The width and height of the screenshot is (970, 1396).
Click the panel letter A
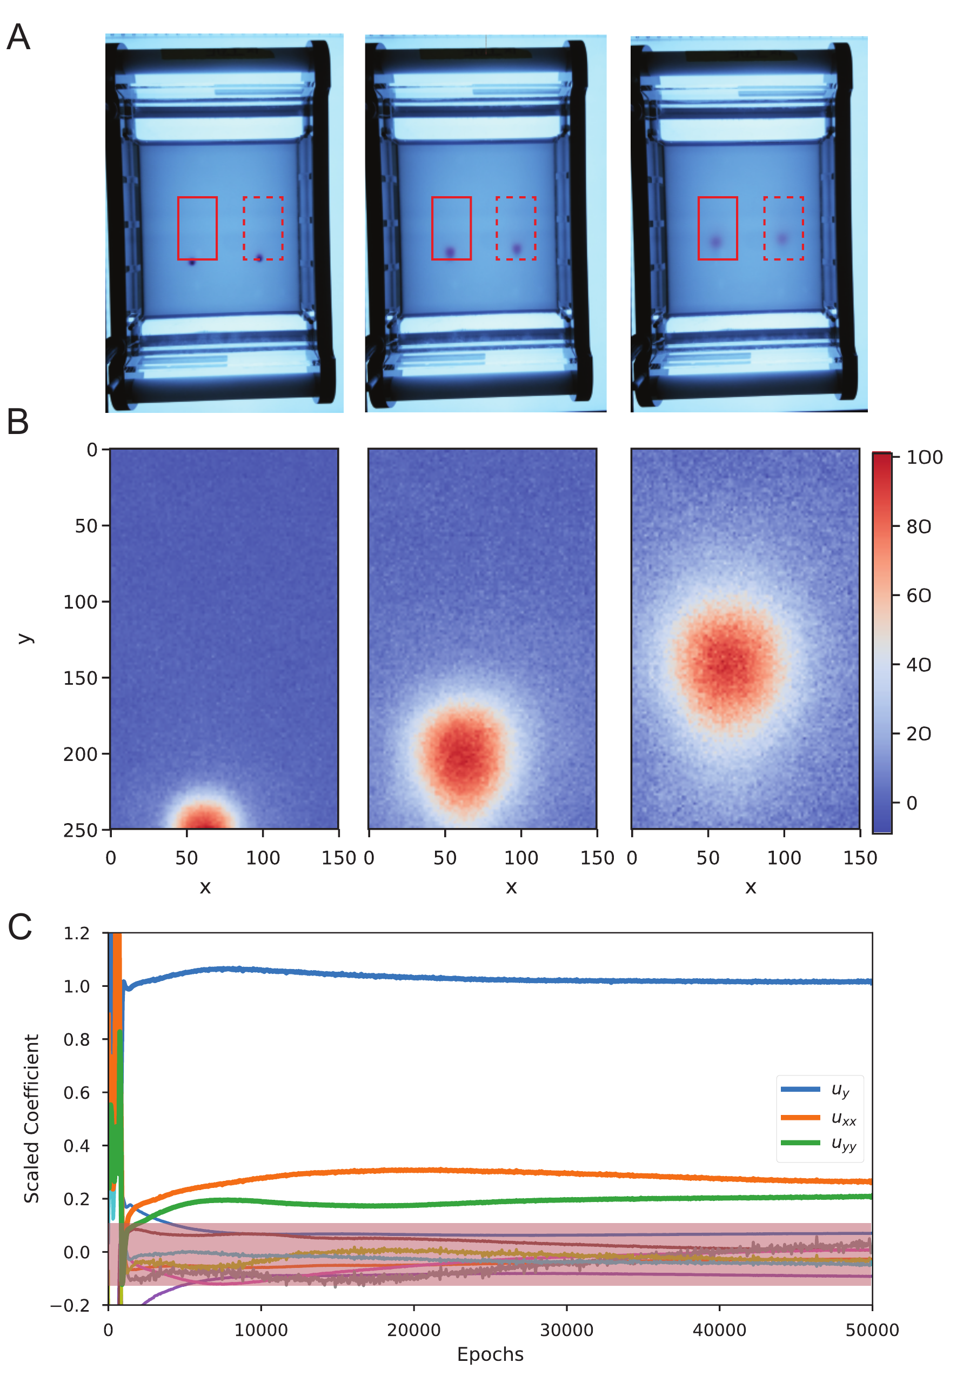[18, 37]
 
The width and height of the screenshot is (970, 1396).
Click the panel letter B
[18, 422]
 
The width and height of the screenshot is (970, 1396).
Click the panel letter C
[19, 927]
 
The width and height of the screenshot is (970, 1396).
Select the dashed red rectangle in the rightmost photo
[784, 229]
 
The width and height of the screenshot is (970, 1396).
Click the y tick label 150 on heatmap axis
[80, 678]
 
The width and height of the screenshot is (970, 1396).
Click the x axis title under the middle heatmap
[511, 887]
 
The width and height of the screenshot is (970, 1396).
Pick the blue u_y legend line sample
[800, 1089]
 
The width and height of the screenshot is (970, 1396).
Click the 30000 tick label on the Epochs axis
[566, 1331]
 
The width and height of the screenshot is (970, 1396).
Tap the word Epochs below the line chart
[490, 1355]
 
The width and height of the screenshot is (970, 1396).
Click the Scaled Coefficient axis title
[31, 1118]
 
